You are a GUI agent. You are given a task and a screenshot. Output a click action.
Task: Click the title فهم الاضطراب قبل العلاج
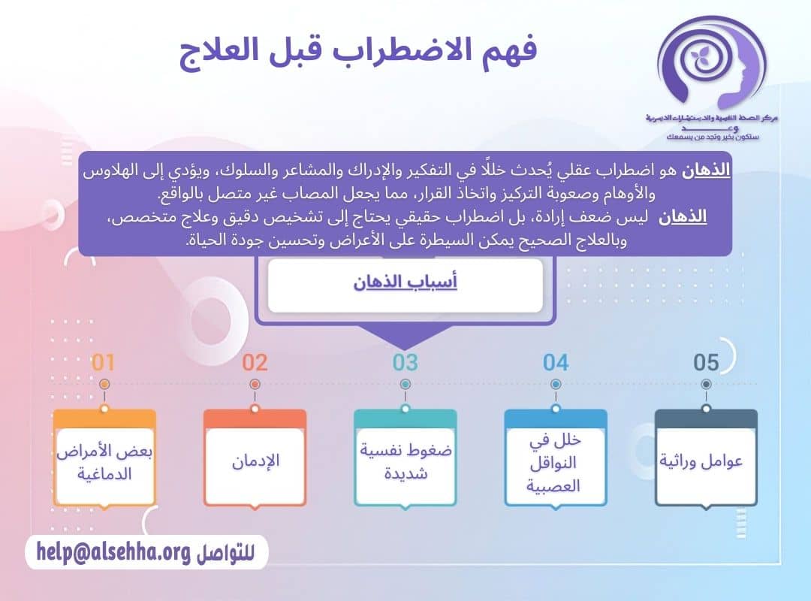pyautogui.click(x=358, y=51)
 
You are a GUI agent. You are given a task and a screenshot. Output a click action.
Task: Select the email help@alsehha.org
pyautogui.click(x=113, y=553)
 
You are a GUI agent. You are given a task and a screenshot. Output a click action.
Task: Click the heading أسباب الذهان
pyautogui.click(x=405, y=282)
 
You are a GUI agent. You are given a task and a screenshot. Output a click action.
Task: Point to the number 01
pyautogui.click(x=104, y=363)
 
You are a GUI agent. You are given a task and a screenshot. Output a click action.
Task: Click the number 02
pyautogui.click(x=255, y=363)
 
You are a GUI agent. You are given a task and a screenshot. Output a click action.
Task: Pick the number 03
pyautogui.click(x=405, y=363)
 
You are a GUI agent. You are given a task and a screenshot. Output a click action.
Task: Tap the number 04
pyautogui.click(x=556, y=363)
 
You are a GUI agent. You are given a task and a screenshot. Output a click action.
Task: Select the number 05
pyautogui.click(x=706, y=363)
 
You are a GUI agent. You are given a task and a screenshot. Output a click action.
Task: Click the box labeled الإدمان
pyautogui.click(x=255, y=460)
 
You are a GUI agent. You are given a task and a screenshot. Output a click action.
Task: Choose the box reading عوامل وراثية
pyautogui.click(x=706, y=460)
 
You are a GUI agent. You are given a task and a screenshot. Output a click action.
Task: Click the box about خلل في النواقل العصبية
pyautogui.click(x=556, y=463)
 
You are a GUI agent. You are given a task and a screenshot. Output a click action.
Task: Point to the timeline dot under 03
pyautogui.click(x=405, y=384)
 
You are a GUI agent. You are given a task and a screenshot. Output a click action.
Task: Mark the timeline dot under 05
pyautogui.click(x=706, y=384)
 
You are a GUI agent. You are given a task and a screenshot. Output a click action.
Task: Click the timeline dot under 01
pyautogui.click(x=104, y=384)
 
